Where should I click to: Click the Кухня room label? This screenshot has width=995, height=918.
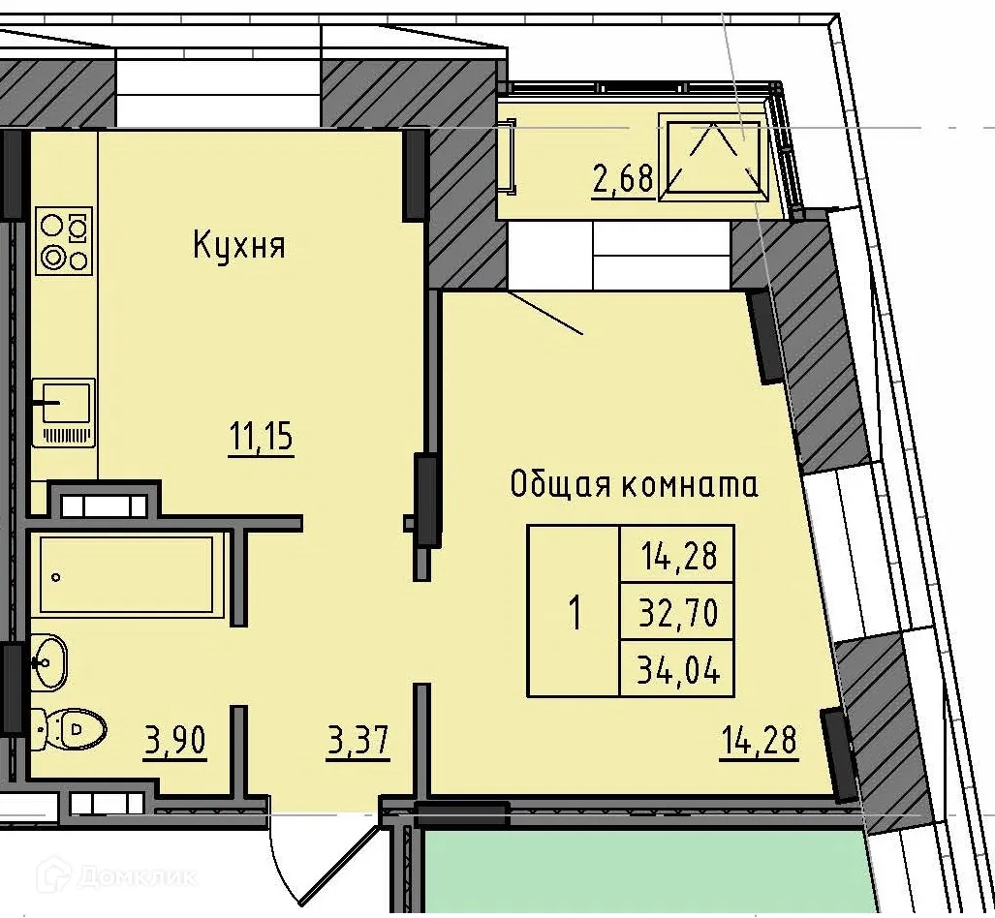(x=238, y=245)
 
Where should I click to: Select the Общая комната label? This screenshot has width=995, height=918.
(x=634, y=484)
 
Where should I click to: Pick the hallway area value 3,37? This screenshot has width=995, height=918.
(x=358, y=743)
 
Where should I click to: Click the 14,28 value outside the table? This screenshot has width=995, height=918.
(x=759, y=741)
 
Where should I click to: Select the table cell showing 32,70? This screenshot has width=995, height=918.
(x=677, y=612)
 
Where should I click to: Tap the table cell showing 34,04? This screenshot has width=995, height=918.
(x=677, y=669)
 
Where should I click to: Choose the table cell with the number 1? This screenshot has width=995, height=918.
(x=575, y=612)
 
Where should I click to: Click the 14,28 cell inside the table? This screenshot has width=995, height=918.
(x=677, y=556)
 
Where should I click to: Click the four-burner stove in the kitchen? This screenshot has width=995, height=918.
(x=64, y=240)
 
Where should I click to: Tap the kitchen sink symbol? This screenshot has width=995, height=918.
(x=64, y=412)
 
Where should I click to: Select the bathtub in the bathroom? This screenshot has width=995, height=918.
(x=126, y=575)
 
